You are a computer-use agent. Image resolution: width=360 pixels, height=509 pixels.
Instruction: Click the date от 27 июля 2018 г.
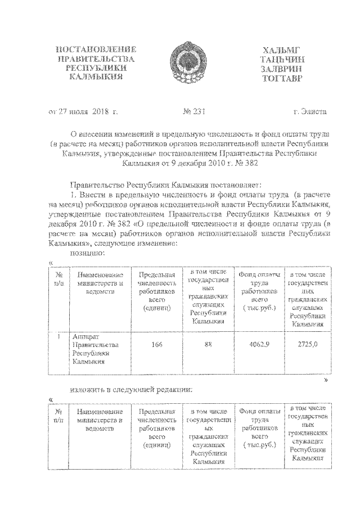tap(82, 112)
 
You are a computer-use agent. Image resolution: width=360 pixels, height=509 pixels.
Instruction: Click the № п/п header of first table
tap(58, 277)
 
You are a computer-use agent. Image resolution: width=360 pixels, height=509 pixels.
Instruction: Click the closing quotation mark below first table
tap(326, 380)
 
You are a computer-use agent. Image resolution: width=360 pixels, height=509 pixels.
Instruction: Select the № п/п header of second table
tap(58, 416)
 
